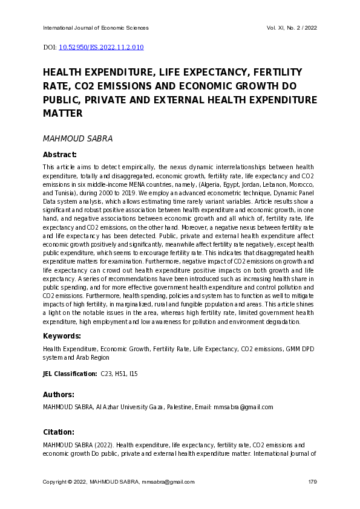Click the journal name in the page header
click(96, 28)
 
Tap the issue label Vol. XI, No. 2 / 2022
click(292, 28)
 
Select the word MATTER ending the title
click(62, 113)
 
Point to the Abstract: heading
click(60, 155)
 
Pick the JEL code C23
click(106, 374)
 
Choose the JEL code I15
click(133, 374)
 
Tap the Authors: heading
click(59, 395)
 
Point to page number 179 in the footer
click(312, 482)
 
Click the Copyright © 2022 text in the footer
click(65, 482)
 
